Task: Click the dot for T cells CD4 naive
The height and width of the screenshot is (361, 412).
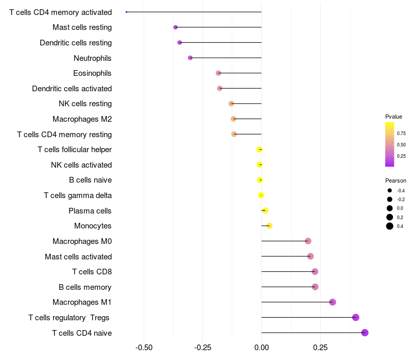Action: pyautogui.click(x=365, y=333)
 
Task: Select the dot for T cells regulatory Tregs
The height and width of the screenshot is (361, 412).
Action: pyautogui.click(x=355, y=318)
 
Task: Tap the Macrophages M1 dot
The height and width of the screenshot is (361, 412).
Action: pyautogui.click(x=332, y=302)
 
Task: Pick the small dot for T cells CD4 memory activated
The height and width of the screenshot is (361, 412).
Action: pyautogui.click(x=127, y=12)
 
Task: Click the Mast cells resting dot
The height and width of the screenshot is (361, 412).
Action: pyautogui.click(x=176, y=27)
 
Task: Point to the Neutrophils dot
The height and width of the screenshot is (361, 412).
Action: pyautogui.click(x=190, y=58)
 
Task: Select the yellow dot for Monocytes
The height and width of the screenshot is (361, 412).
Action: pyautogui.click(x=269, y=226)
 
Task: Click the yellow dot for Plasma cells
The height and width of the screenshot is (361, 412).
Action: pyautogui.click(x=265, y=210)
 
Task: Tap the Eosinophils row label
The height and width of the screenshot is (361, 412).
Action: pyautogui.click(x=92, y=73)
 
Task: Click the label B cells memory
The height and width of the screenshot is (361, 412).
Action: pyautogui.click(x=85, y=287)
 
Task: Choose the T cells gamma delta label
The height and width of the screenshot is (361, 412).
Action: pyautogui.click(x=78, y=195)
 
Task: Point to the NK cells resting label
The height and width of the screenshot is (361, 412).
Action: pyautogui.click(x=85, y=104)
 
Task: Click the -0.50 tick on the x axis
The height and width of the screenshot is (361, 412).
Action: pyautogui.click(x=144, y=347)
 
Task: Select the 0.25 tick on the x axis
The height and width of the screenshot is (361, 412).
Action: pyautogui.click(x=320, y=347)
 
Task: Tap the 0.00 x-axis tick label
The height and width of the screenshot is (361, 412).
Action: pyautogui.click(x=261, y=347)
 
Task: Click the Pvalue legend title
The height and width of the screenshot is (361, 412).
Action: pyautogui.click(x=393, y=117)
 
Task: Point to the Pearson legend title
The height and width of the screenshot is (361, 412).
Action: pyautogui.click(x=396, y=181)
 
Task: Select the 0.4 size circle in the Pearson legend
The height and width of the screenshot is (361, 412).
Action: pyautogui.click(x=390, y=226)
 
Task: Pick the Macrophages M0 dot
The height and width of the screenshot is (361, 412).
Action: pyautogui.click(x=308, y=241)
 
